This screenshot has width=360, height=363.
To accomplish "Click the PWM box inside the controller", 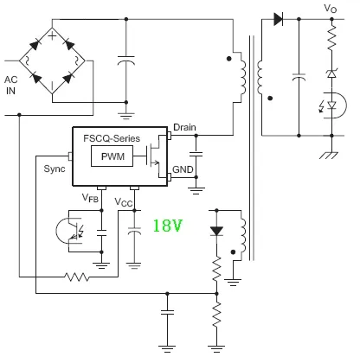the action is pyautogui.click(x=112, y=156).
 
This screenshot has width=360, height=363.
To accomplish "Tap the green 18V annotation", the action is pyautogui.click(x=168, y=226).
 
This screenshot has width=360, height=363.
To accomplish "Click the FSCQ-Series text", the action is pyautogui.click(x=112, y=138).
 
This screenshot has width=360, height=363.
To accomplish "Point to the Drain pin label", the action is pyautogui.click(x=184, y=127).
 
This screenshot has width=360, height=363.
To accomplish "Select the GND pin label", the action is pyautogui.click(x=183, y=169).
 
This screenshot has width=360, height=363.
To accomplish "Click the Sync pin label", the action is pyautogui.click(x=55, y=169).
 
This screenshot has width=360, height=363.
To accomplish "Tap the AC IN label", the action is pyautogui.click(x=10, y=86).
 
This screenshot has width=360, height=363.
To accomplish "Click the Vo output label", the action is pyautogui.click(x=330, y=9).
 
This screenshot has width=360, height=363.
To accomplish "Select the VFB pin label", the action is pyautogui.click(x=90, y=198).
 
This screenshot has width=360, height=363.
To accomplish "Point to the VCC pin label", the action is pyautogui.click(x=124, y=202).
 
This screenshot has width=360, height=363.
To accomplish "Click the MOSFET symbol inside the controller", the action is pyautogui.click(x=154, y=156).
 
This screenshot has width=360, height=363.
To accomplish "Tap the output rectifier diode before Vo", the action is pyautogui.click(x=278, y=19).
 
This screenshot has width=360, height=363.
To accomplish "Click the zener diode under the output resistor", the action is pyautogui.click(x=331, y=73).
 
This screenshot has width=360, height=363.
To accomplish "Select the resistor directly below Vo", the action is pyautogui.click(x=331, y=36).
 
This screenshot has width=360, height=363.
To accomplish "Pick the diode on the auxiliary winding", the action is pyautogui.click(x=216, y=232).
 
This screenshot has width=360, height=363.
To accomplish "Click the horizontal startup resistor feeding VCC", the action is pyautogui.click(x=77, y=277).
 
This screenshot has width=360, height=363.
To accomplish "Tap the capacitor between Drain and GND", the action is pyautogui.click(x=196, y=154).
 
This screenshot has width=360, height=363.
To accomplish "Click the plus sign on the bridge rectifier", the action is pyautogui.click(x=52, y=35).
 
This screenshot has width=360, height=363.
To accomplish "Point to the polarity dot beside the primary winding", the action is pyautogui.click(x=229, y=59).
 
